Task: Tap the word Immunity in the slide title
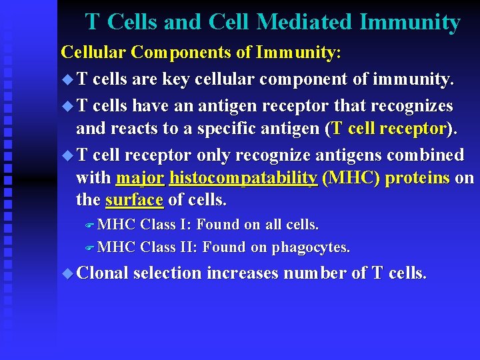[x=409, y=23]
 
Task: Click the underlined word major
[x=140, y=179]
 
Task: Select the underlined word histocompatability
[x=243, y=179]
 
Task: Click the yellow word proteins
[x=417, y=179]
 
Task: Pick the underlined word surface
[x=134, y=200]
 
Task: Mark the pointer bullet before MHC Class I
[x=91, y=225]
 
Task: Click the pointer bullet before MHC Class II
[x=91, y=247]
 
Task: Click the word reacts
[x=129, y=129]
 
